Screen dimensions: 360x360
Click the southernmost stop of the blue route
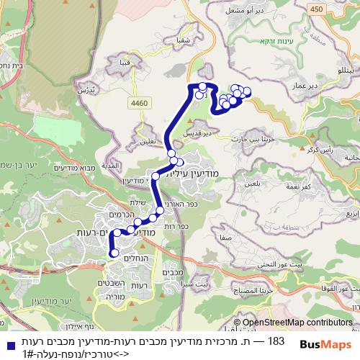(x=113, y=253)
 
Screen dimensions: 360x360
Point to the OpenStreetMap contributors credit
(x=298, y=323)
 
